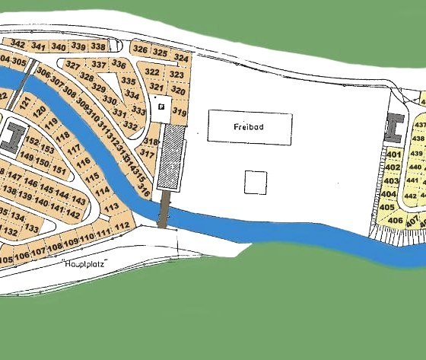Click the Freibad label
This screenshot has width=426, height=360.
click(x=249, y=128)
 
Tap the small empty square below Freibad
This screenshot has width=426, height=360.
click(x=256, y=182)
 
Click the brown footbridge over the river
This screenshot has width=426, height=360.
click(x=162, y=209)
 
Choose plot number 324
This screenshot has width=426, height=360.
click(x=180, y=58)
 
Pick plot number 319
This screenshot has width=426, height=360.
click(x=180, y=112)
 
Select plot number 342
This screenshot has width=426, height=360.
click(x=17, y=46)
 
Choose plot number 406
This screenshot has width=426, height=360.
click(x=394, y=221)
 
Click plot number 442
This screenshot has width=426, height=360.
click(x=417, y=195)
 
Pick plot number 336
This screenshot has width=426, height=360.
click(x=118, y=64)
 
